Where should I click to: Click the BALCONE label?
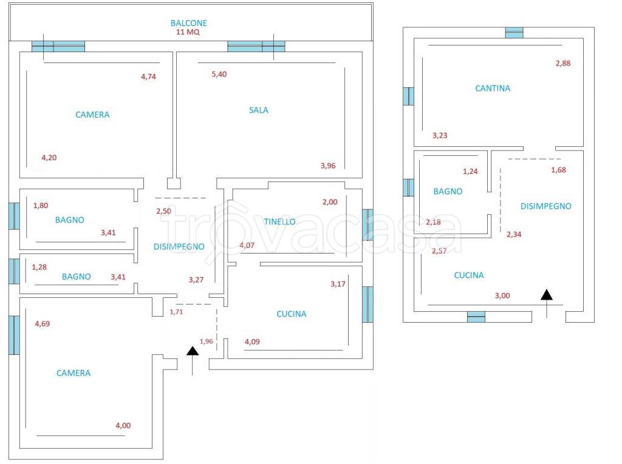[x=188, y=24]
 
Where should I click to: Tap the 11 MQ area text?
[x=188, y=32]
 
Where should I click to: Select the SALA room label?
[x=259, y=110]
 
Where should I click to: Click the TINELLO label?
[x=279, y=221]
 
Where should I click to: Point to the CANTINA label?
[x=493, y=89]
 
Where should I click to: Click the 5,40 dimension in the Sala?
[x=219, y=74]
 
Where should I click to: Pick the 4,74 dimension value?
[x=148, y=76]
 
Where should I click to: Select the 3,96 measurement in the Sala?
[x=328, y=166]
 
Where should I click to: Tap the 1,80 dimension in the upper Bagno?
[x=41, y=205]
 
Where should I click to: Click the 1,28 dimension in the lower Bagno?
[x=39, y=267]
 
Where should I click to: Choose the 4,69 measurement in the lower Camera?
[x=42, y=324]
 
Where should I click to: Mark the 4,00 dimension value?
[x=123, y=425]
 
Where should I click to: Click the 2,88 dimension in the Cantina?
[x=563, y=63]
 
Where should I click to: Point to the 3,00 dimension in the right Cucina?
[x=502, y=295]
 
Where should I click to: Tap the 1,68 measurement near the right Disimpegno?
[x=559, y=170]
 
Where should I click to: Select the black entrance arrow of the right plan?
[x=547, y=303]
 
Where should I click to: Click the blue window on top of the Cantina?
[x=514, y=33]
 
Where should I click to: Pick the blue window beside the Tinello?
[x=367, y=224]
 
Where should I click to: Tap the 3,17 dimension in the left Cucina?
[x=338, y=284]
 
